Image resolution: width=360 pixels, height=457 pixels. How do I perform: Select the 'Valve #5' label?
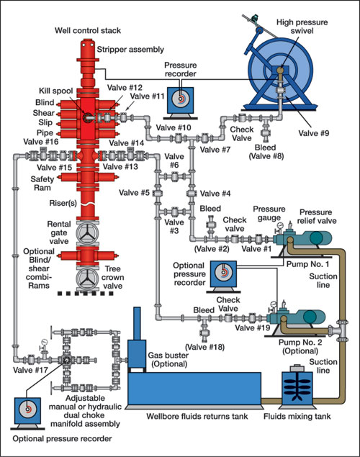136,193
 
